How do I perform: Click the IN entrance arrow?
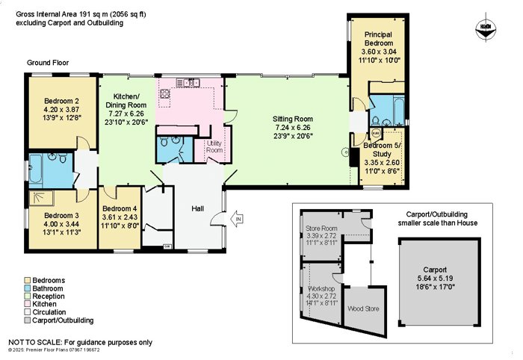coord(237,219)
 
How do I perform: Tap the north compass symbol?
coord(486,28)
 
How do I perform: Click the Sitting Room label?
coord(293,119)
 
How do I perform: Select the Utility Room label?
coord(214,146)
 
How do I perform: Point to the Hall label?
coord(197,208)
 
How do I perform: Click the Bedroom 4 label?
coord(120,208)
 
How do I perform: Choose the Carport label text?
coord(435,270)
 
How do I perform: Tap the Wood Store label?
coord(363,308)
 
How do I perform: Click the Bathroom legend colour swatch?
coord(28,288)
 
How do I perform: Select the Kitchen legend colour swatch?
coord(28,304)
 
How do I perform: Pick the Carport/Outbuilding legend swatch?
coord(28,320)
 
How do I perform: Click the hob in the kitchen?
coord(165,93)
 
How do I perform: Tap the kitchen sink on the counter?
coord(188,82)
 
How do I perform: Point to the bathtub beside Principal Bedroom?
coord(399,110)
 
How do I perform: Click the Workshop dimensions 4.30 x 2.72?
coord(321,296)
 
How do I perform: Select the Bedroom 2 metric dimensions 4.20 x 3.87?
coord(61,109)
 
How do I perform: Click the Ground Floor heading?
coord(48,63)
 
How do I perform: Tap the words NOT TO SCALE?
coord(34,342)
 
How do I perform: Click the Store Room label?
coord(321,229)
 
